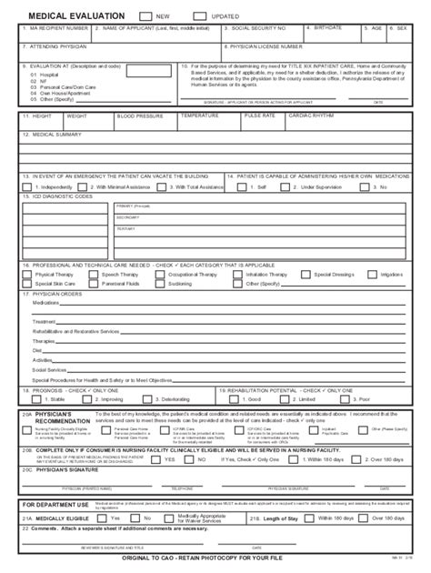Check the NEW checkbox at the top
146,16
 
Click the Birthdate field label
326,28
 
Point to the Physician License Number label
266,45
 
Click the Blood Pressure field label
136,116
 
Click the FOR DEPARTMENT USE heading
55,504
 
